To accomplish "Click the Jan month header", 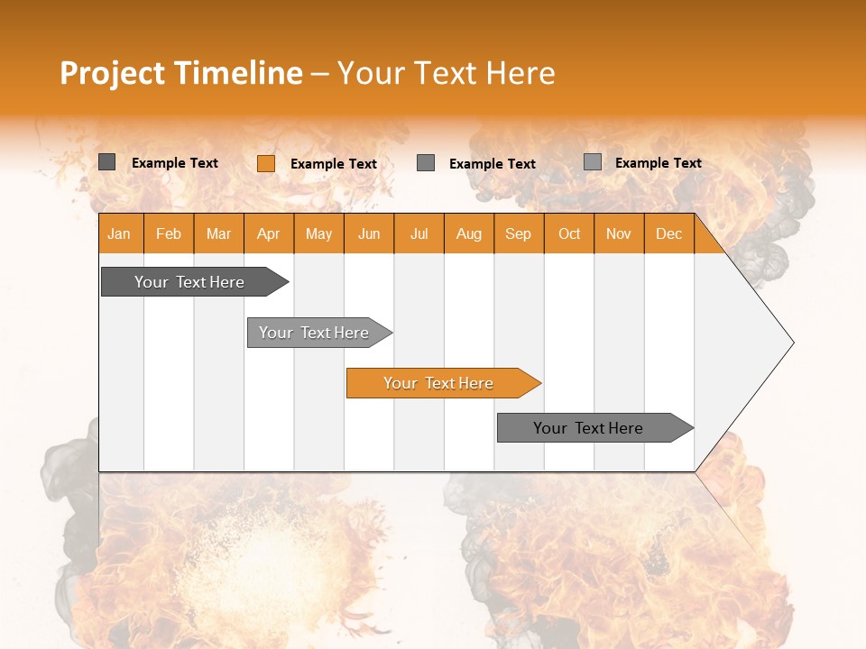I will point(120,233).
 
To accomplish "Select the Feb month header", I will point(169,233).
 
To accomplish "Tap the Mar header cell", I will point(218,233).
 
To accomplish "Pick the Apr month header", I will point(269,233).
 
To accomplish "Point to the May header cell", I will point(318,233).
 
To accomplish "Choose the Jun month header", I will point(369,233).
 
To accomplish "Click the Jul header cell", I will point(419,233).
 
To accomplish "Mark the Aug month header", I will point(469,233).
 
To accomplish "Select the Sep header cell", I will point(519,233).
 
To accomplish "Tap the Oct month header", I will point(569,233).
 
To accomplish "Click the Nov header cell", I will point(619,233).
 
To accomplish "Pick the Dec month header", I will point(669,233).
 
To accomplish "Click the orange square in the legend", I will point(265,163).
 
